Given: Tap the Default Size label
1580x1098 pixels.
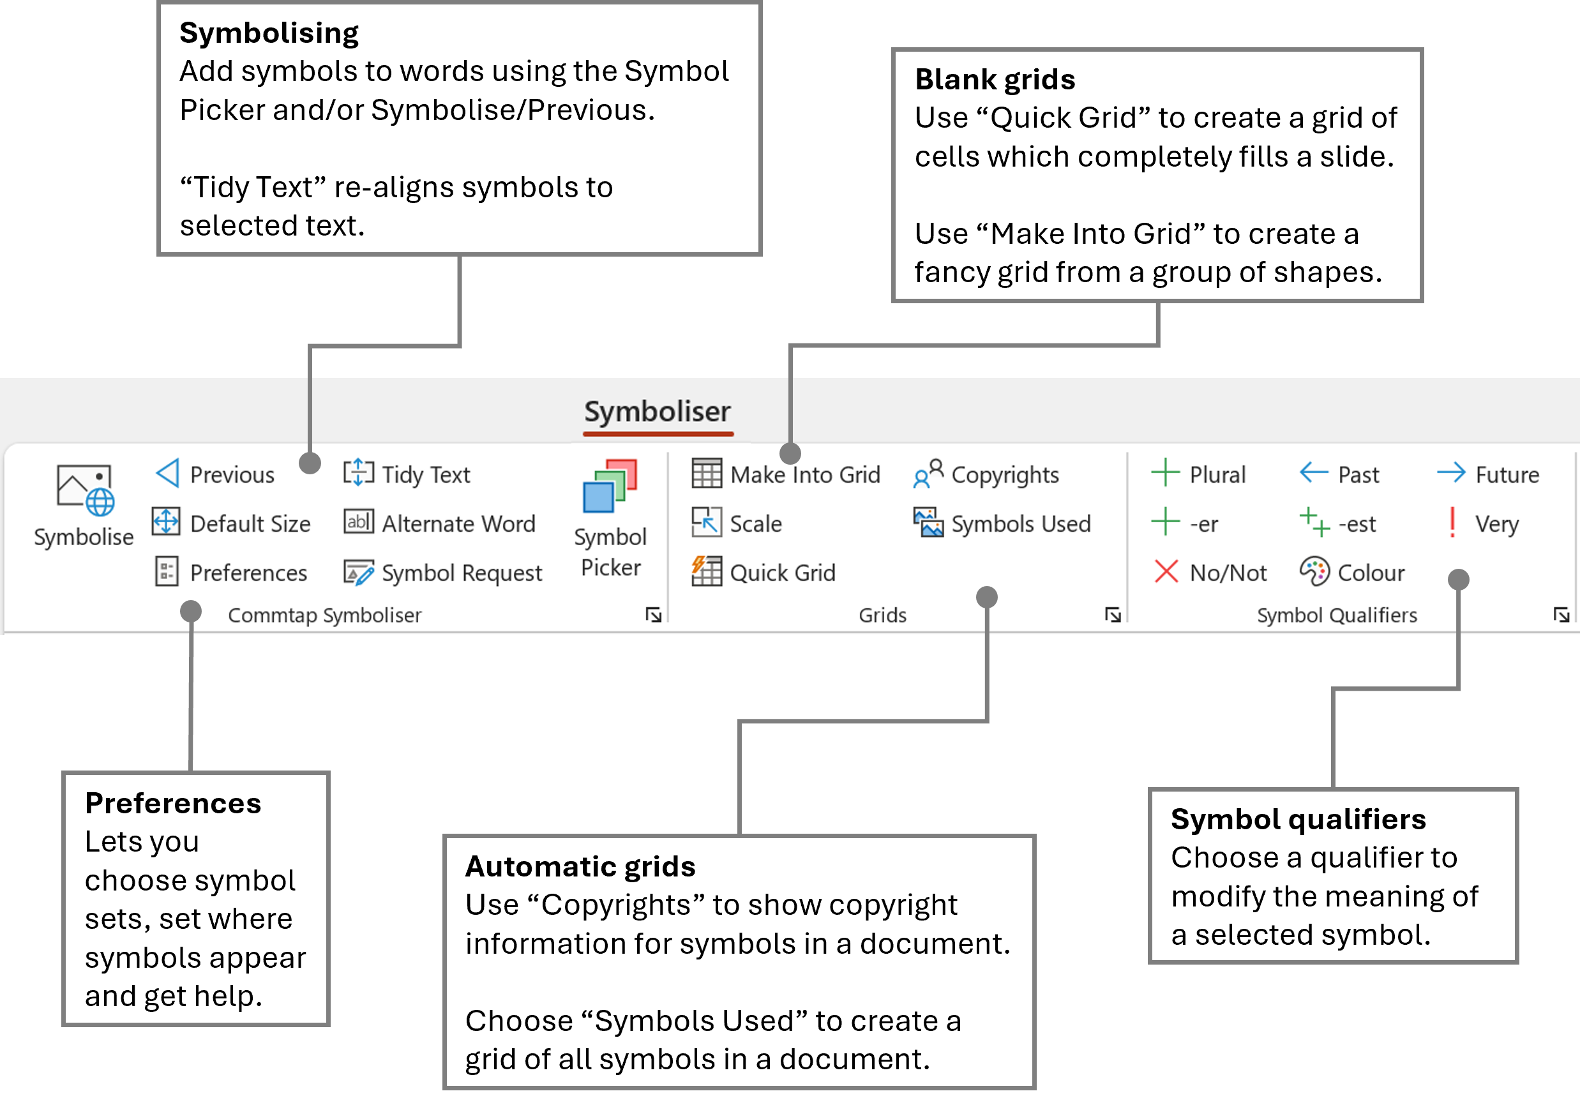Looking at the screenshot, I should tap(250, 524).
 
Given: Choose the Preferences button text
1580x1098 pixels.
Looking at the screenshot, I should tap(248, 573).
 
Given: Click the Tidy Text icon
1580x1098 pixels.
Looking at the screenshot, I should tap(358, 473).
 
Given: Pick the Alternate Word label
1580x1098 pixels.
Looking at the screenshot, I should tap(458, 524).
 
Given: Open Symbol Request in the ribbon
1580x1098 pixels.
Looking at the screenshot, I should tap(462, 573).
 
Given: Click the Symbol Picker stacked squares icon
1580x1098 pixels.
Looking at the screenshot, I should tap(610, 486).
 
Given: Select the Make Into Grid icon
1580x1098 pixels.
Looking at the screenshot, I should tap(707, 473).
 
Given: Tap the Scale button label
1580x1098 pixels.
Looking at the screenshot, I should tap(755, 524).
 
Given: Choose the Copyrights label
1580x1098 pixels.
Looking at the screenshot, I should tap(1004, 475).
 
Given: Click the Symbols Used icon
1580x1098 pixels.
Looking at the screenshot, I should tap(928, 523).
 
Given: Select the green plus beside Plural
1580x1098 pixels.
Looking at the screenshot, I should tap(1165, 473).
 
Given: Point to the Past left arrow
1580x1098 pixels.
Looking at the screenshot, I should tap(1314, 473).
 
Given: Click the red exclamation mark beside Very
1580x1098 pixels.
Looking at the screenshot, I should tap(1452, 523).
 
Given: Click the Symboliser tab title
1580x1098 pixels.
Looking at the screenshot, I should tap(657, 411).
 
